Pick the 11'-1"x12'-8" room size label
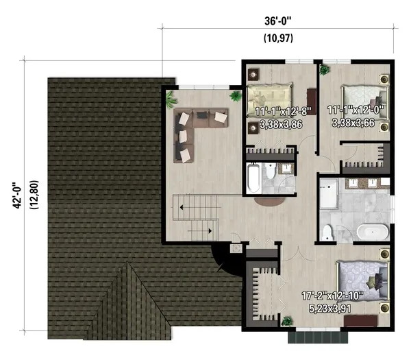click(x=283, y=110)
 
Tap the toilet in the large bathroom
click(x=327, y=232)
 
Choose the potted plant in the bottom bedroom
click(x=286, y=320)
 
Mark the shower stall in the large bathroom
click(x=330, y=195)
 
